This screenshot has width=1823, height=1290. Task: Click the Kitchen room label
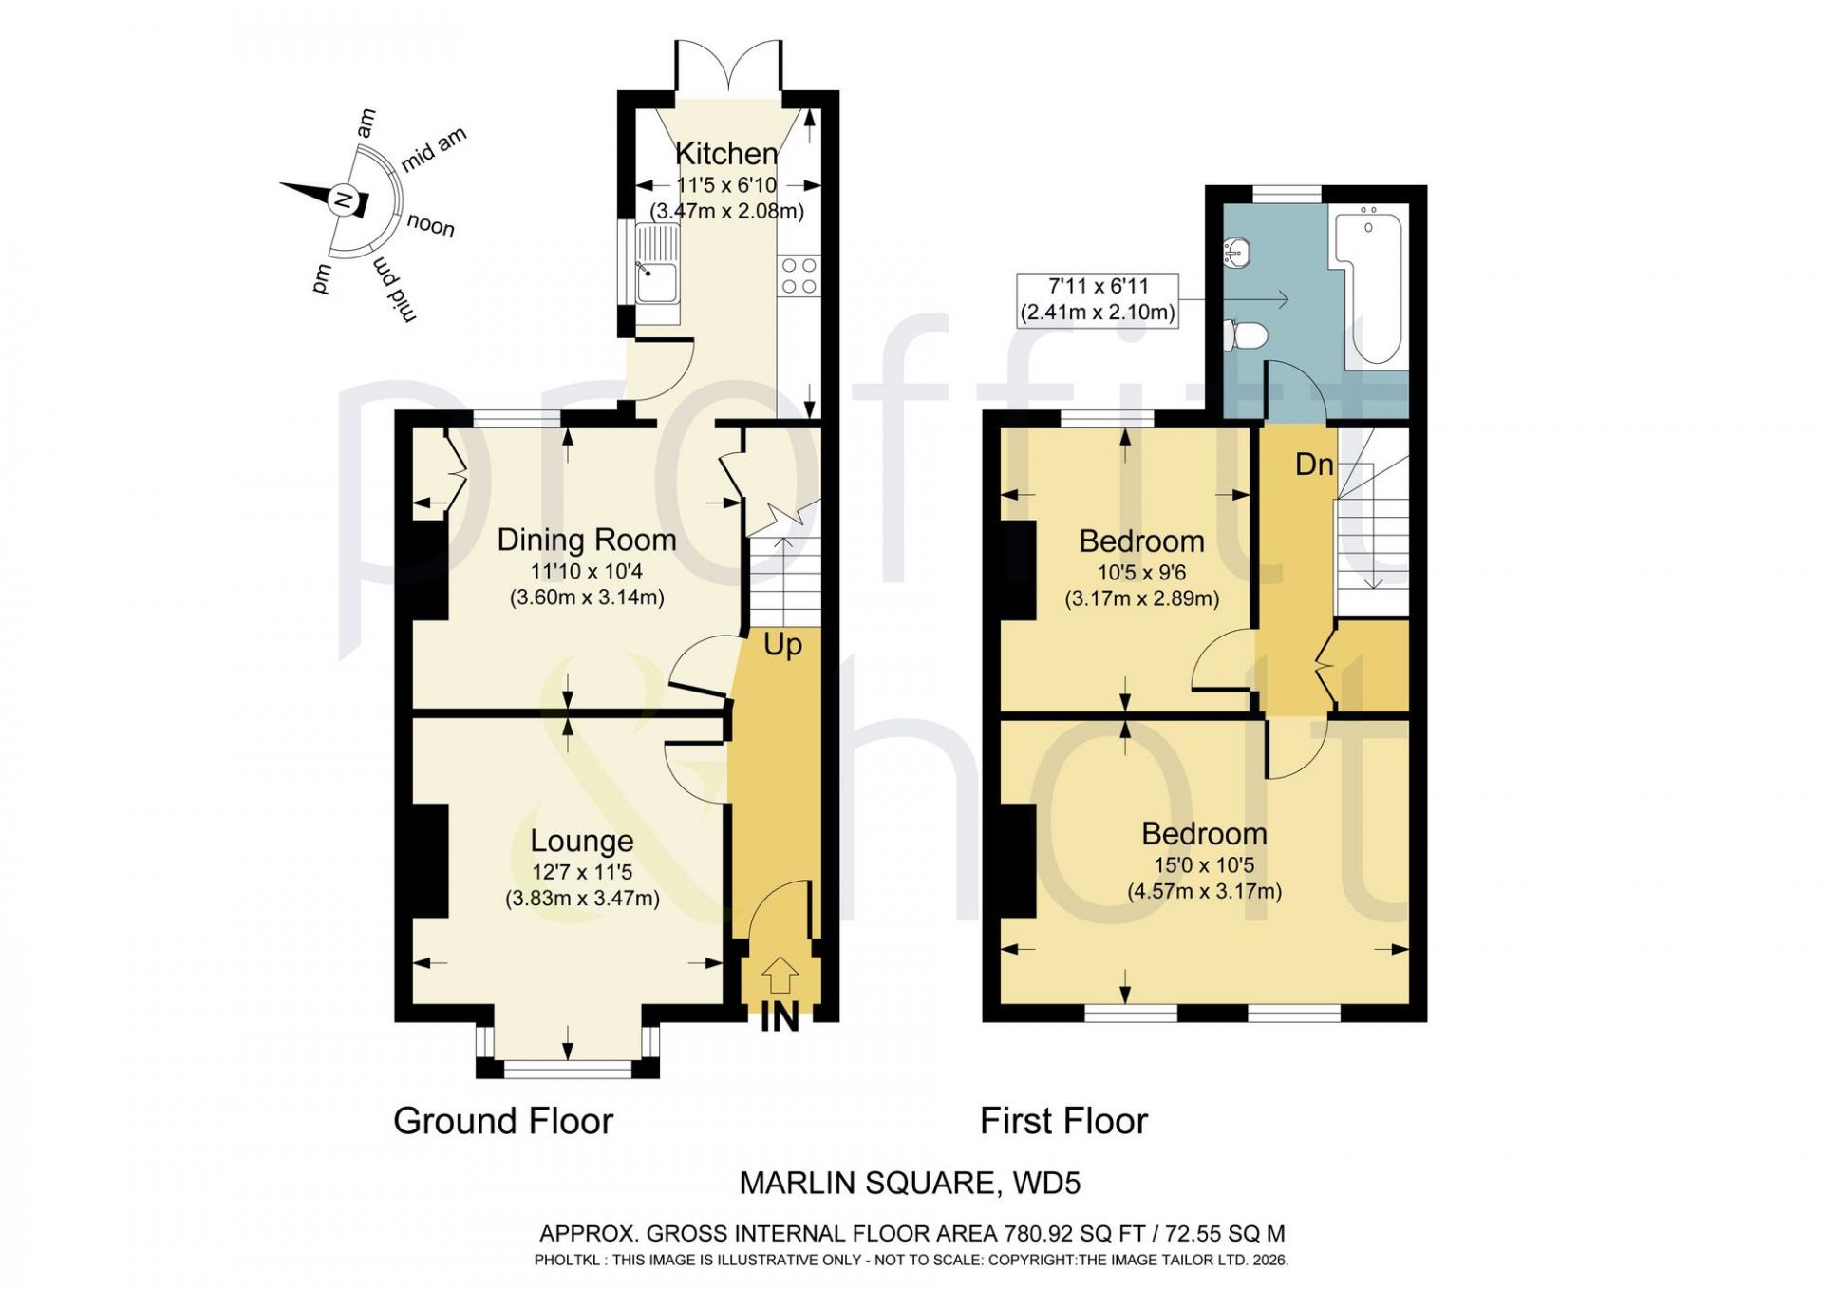coord(726,153)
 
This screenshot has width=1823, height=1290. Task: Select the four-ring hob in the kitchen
coord(798,275)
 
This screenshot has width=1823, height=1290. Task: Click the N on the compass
coord(344,201)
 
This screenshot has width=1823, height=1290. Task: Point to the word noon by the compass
coord(431,225)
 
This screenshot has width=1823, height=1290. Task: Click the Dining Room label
coord(587,540)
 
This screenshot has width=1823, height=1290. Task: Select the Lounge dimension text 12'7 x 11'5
coord(582,872)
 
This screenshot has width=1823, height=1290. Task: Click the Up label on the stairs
coord(782,645)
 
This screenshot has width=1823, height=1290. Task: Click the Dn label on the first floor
coord(1315,465)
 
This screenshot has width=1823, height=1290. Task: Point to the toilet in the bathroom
coord(1249,335)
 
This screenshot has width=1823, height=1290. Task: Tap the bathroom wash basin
coord(1239,252)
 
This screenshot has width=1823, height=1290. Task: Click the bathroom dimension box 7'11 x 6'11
coord(1098,300)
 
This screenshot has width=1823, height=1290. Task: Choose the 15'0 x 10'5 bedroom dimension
coord(1204,865)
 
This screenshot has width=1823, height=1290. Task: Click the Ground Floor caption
coord(503,1121)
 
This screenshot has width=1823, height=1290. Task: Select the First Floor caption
coord(1063,1121)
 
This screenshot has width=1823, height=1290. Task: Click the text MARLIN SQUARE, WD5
coord(910,1183)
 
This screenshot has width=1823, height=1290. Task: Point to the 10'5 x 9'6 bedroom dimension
coord(1142,573)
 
